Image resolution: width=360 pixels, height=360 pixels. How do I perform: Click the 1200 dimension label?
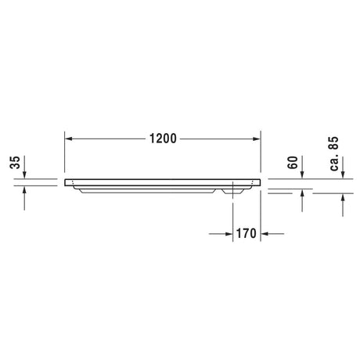[163, 139]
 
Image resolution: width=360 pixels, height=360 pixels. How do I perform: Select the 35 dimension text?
[15, 163]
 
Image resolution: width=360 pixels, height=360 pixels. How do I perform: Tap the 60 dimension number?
[293, 163]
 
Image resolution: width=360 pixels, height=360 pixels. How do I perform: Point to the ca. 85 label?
[334, 153]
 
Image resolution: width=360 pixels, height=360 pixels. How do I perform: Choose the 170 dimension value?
[247, 233]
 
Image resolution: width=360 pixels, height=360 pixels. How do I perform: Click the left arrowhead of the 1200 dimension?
[68, 139]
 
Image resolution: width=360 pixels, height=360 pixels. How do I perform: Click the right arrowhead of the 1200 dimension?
[257, 139]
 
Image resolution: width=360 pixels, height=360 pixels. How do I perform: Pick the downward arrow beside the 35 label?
[24, 167]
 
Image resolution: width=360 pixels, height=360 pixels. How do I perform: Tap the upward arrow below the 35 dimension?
[24, 198]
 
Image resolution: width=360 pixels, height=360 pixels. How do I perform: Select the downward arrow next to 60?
[302, 167]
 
